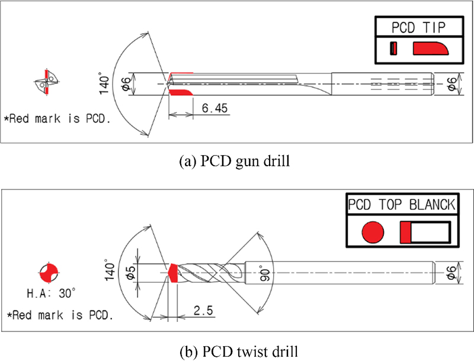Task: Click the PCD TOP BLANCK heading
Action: click(401, 205)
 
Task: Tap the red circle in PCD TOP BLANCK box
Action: click(373, 232)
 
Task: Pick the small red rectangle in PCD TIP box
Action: click(393, 49)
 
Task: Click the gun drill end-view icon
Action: click(46, 83)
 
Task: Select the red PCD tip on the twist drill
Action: click(173, 272)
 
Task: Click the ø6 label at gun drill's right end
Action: click(451, 83)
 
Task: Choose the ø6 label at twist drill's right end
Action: click(451, 273)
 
